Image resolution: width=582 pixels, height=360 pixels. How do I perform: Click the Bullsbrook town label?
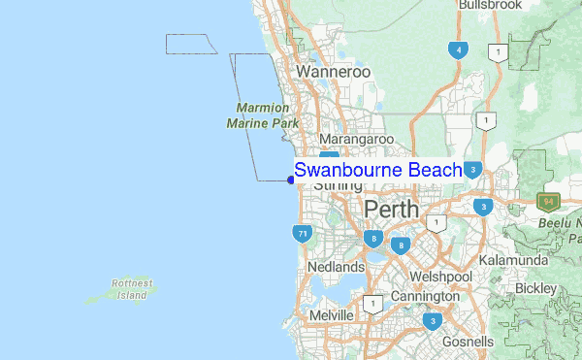click(490, 6)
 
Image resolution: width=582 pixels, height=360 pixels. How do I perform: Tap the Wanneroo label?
click(334, 72)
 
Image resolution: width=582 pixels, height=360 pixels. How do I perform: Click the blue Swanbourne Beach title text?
click(378, 171)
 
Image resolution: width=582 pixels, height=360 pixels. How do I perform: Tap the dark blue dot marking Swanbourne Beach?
click(291, 179)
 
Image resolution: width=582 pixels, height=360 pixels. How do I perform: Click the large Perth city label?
click(391, 209)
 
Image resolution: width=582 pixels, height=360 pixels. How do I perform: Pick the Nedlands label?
click(335, 266)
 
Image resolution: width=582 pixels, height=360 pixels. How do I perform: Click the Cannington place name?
click(425, 296)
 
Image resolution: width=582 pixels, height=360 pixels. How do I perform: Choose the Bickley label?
click(536, 288)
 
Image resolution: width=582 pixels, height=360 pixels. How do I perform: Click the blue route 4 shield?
click(457, 49)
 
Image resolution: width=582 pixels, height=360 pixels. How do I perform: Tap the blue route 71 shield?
click(302, 233)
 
